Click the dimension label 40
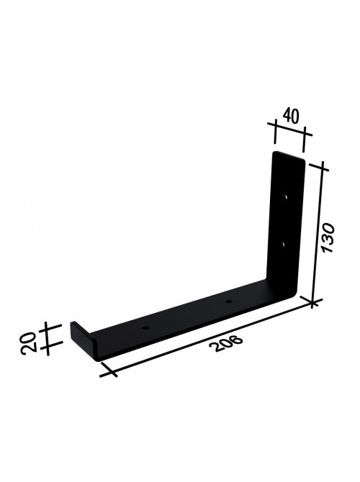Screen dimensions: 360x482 [x=290, y=116]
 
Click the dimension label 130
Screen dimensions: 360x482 [x=328, y=238]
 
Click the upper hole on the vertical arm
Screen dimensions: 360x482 [x=286, y=196]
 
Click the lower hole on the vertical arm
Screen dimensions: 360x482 [x=283, y=245]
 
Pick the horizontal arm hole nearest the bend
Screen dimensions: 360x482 [x=228, y=301]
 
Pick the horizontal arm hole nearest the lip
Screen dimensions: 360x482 [x=146, y=328]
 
